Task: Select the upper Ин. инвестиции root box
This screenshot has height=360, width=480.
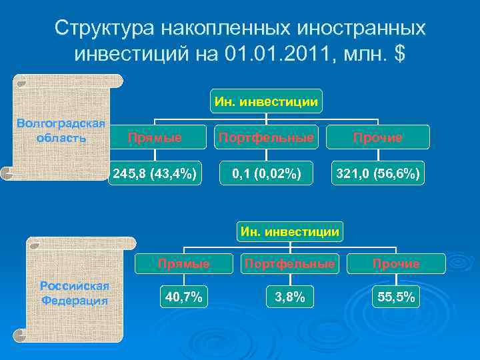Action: click(x=266, y=101)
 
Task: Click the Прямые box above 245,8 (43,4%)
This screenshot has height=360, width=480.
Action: click(x=155, y=137)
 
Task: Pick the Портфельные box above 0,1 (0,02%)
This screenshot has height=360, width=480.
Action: click(x=265, y=137)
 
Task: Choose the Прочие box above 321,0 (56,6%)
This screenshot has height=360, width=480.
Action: click(x=377, y=137)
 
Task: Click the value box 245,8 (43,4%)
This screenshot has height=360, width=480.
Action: click(x=155, y=174)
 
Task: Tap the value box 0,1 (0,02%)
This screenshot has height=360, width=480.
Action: click(x=266, y=174)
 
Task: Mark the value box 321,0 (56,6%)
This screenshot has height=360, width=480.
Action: click(x=377, y=174)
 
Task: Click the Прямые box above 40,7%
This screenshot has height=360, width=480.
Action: click(x=183, y=264)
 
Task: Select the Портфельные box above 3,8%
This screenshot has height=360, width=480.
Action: click(x=289, y=264)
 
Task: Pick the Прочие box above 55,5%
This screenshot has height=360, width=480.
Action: click(x=396, y=264)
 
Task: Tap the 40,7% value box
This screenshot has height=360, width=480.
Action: click(x=183, y=297)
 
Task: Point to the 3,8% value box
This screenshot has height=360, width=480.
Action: click(x=289, y=297)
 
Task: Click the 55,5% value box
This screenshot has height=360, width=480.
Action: click(x=396, y=297)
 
